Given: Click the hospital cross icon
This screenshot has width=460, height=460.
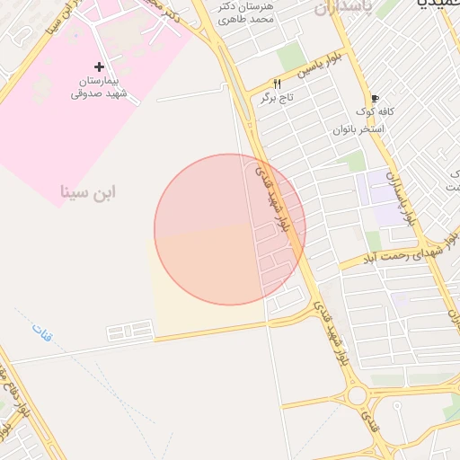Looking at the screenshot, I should [99, 66].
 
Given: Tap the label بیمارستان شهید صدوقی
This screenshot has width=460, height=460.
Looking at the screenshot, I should [100, 86].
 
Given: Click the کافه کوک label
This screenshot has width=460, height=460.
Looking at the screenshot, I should [376, 112].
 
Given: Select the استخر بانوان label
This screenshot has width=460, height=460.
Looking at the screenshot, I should [358, 129].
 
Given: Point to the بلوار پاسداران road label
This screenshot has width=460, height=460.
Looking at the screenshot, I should [401, 198].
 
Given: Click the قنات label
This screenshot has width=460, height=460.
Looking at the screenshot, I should [41, 335].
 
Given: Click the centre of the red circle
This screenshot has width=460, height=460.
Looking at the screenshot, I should [230, 229].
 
